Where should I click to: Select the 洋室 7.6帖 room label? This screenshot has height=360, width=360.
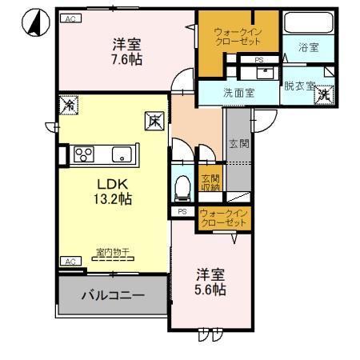(126, 52)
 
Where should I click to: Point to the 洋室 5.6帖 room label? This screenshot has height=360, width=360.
(210, 282)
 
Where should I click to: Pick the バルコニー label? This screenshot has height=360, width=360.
(113, 295)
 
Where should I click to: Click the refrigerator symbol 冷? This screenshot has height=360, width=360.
(68, 104)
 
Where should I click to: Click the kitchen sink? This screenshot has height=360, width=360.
(122, 153)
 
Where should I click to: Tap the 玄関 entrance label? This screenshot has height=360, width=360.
(238, 144)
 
